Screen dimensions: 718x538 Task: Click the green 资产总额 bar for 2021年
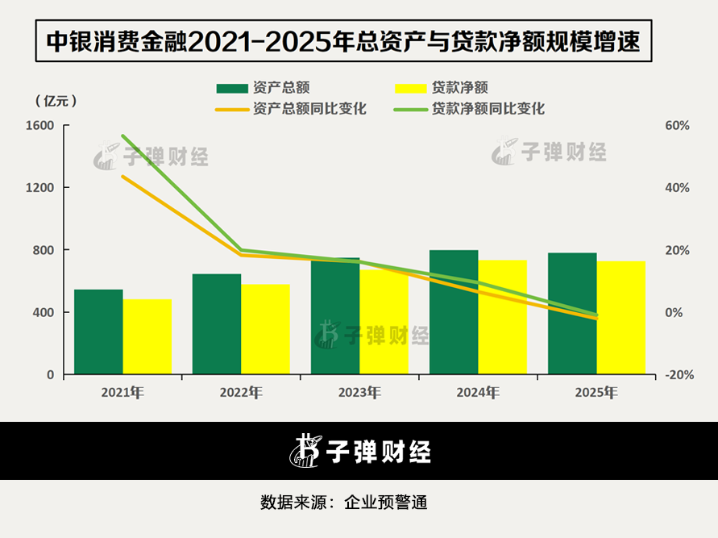(98, 332)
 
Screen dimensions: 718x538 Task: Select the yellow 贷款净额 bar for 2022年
(266, 329)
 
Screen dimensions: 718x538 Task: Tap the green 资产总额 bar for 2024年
(454, 312)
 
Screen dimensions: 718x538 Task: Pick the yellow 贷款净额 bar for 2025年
(621, 318)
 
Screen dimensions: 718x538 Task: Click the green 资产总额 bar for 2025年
(572, 314)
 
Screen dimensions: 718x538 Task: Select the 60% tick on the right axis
(677, 125)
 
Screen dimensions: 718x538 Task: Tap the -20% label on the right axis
(679, 375)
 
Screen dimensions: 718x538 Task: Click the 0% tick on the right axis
(674, 312)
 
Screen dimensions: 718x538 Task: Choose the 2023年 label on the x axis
(359, 393)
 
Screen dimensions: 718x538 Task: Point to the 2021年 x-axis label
(122, 393)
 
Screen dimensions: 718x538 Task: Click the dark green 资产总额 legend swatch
(232, 88)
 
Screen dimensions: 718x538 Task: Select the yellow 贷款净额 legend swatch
(411, 88)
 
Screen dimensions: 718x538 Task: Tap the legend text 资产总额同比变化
(309, 109)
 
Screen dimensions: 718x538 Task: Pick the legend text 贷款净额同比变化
(488, 109)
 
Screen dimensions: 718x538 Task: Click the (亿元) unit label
(56, 101)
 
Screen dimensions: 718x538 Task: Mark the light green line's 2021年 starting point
(122, 136)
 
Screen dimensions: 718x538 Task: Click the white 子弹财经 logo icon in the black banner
(305, 450)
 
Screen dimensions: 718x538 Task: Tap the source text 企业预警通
(385, 503)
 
